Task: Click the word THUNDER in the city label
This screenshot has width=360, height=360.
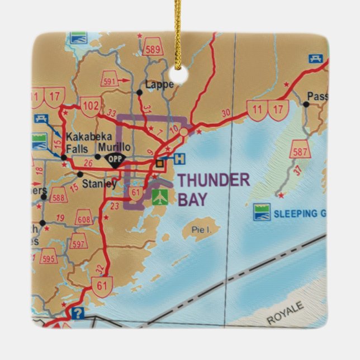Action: [x=214, y=180]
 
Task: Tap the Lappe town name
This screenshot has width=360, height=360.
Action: [x=159, y=85]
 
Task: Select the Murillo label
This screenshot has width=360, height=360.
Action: [x=115, y=147]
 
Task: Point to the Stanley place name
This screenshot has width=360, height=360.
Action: [x=100, y=183]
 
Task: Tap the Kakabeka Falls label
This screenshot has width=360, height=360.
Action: [x=81, y=142]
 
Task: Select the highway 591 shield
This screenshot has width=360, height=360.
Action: [x=110, y=80]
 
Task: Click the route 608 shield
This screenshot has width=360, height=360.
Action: [x=84, y=218]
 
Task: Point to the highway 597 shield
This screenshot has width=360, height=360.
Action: [x=78, y=243]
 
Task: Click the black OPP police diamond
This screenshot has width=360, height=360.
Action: [x=115, y=158]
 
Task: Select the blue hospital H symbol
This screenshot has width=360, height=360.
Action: [x=179, y=158]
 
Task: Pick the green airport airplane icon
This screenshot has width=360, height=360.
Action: [x=159, y=196]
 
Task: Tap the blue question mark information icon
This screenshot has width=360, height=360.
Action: [x=78, y=313]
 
